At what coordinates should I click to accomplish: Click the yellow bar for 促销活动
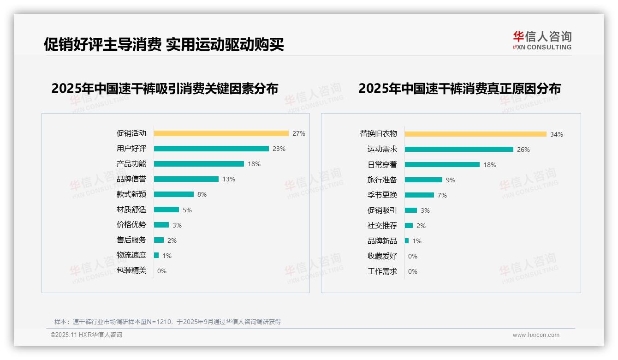click(221, 133)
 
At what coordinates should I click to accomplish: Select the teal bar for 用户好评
click(211, 149)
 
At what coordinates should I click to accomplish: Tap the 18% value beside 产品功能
click(254, 164)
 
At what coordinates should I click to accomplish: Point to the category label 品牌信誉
click(131, 179)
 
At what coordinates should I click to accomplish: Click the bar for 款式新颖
click(174, 194)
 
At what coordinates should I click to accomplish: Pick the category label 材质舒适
click(131, 210)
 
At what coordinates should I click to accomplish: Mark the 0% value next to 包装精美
click(162, 271)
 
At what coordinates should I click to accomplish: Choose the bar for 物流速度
click(156, 255)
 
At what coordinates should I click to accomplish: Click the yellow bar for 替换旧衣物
click(475, 134)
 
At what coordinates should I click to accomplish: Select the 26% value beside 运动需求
click(523, 150)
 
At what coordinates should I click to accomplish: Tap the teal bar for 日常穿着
click(442, 165)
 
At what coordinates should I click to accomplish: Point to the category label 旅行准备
click(382, 180)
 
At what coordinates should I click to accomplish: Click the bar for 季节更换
click(419, 195)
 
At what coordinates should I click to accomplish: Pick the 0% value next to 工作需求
click(413, 271)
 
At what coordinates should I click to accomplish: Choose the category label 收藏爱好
click(382, 256)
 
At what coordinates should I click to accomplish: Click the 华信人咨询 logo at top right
click(542, 41)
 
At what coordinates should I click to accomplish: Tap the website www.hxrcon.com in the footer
click(536, 335)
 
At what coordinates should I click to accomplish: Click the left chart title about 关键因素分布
click(165, 89)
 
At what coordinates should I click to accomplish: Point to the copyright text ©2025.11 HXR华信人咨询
click(86, 335)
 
